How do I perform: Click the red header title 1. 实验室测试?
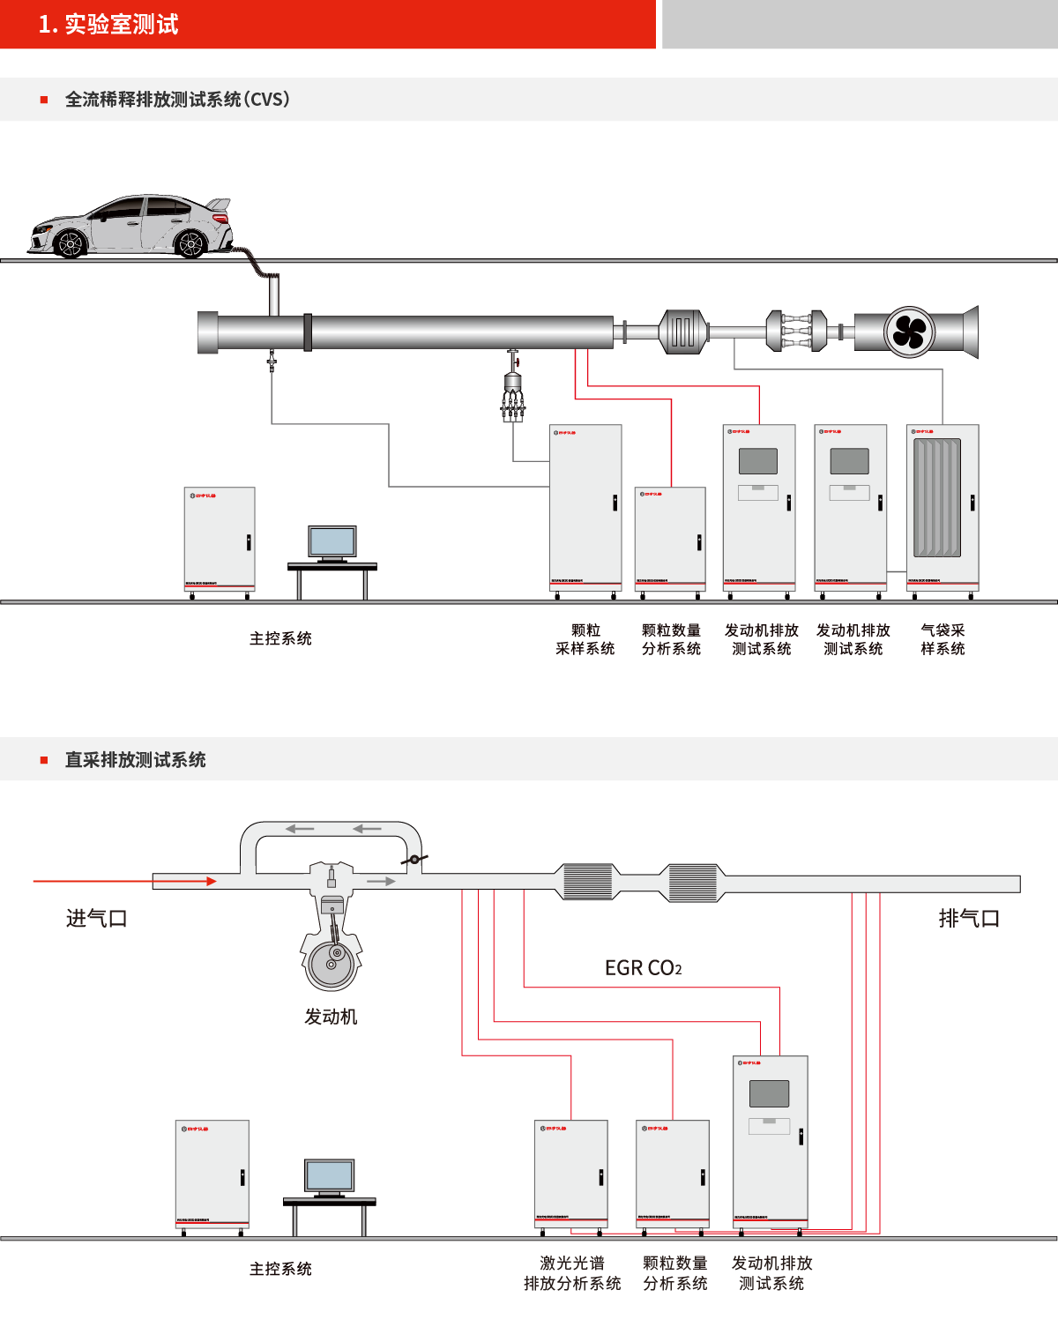[108, 24]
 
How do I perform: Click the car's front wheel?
[69, 242]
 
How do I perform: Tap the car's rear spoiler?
[220, 205]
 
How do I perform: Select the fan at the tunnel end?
[908, 332]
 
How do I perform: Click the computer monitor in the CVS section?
[332, 541]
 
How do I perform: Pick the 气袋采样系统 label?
[943, 639]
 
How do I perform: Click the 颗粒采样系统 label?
[585, 639]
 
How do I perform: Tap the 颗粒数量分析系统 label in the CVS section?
[671, 639]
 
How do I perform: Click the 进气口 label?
[97, 919]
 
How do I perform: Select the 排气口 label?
[969, 919]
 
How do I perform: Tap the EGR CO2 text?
[643, 968]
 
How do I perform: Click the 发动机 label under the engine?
[331, 1017]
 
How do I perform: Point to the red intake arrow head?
[211, 881]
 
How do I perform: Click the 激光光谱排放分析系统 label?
[572, 1273]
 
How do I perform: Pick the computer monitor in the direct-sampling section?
[330, 1176]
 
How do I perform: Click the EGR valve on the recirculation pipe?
[414, 859]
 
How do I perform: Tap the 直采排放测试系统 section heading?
[135, 759]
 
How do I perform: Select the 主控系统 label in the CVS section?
[280, 638]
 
